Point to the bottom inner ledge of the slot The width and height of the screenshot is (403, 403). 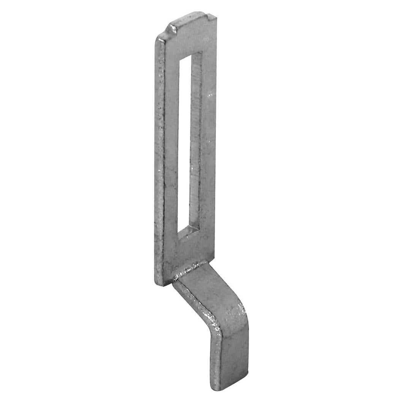(188, 230)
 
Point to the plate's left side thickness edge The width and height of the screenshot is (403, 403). (159, 160)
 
